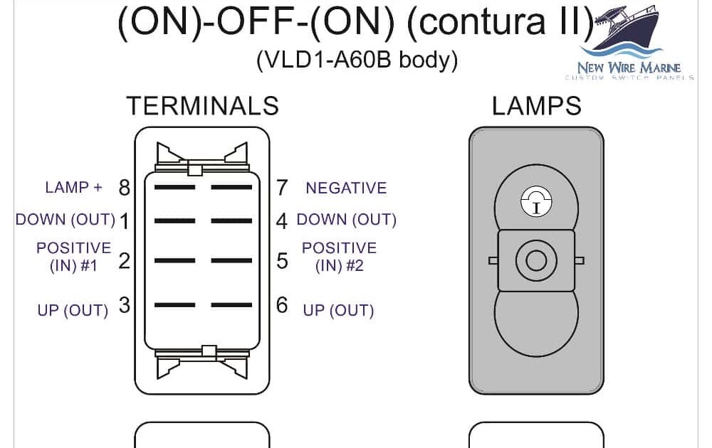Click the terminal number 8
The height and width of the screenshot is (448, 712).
point(125,188)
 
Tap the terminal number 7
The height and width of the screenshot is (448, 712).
point(282,188)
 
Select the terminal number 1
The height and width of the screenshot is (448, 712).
point(125,221)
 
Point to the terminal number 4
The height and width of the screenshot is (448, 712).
point(282,221)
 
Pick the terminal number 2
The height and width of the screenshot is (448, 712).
point(125,261)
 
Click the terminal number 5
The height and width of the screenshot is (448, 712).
point(283,261)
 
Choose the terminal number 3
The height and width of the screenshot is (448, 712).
point(125,306)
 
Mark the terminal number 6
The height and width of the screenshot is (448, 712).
point(283,306)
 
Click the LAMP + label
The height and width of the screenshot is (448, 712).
point(73,188)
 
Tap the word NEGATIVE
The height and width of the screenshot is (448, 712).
point(346,188)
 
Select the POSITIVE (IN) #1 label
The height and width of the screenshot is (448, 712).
point(73,257)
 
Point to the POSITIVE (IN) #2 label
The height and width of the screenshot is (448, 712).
point(339,257)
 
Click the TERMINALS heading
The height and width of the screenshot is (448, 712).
point(202,106)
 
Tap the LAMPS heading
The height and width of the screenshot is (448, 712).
point(536,106)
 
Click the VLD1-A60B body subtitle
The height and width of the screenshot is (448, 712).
point(357,60)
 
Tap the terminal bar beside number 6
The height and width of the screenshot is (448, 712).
point(232,306)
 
